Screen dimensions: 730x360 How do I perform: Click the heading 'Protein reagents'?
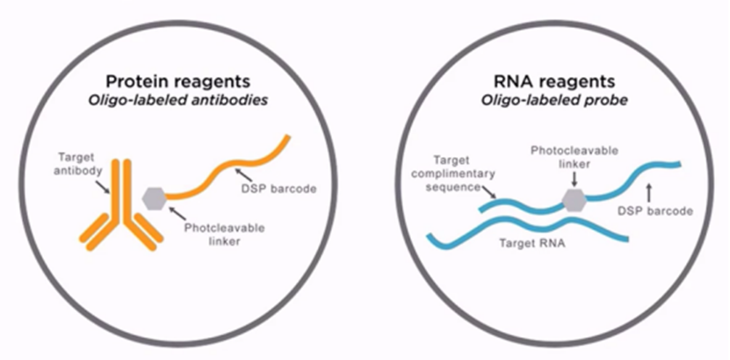point(177,82)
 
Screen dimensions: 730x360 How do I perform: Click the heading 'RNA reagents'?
point(554,82)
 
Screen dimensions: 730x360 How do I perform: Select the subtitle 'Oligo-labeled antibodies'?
point(177,101)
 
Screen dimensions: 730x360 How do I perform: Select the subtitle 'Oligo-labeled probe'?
point(554,101)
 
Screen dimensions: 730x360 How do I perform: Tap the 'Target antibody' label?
point(78,164)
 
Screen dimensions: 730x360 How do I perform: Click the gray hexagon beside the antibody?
point(155,198)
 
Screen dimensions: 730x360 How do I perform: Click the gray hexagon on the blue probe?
point(574,200)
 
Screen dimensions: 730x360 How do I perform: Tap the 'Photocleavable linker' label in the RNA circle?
point(575,157)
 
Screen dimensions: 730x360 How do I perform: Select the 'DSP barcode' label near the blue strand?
point(655,211)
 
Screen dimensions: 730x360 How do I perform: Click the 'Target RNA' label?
point(532,243)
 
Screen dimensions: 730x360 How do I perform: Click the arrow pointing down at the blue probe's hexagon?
point(574,179)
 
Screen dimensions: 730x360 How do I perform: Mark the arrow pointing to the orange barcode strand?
point(244,176)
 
